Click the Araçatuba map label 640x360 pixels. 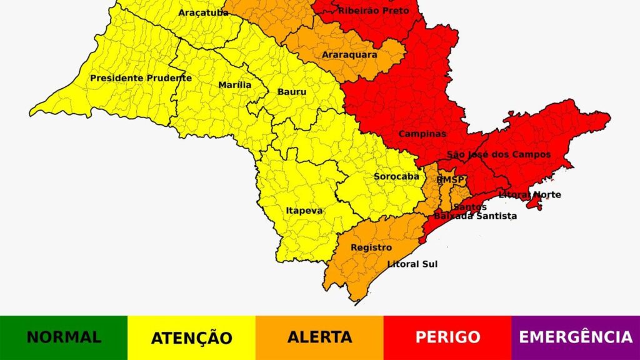[x=203, y=12]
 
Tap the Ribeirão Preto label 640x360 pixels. [x=374, y=11]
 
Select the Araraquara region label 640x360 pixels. [x=349, y=55]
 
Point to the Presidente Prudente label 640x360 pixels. [x=141, y=78]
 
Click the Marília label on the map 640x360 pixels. [x=235, y=85]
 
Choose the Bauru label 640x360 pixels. [x=292, y=92]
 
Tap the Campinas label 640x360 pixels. [x=422, y=134]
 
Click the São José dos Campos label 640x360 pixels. [x=499, y=154]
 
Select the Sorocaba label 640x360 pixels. [x=396, y=176]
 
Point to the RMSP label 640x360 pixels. [x=451, y=180]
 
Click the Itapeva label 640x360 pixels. [x=304, y=211]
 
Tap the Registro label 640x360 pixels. [x=371, y=247]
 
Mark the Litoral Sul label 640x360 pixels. [x=412, y=264]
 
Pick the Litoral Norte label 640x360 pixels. [x=529, y=195]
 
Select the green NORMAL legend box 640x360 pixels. [x=64, y=337]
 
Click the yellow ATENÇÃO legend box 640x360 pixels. [x=191, y=337]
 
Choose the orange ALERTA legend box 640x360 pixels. [x=319, y=337]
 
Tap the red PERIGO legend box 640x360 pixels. [x=447, y=337]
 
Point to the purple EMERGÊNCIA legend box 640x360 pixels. [x=576, y=337]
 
